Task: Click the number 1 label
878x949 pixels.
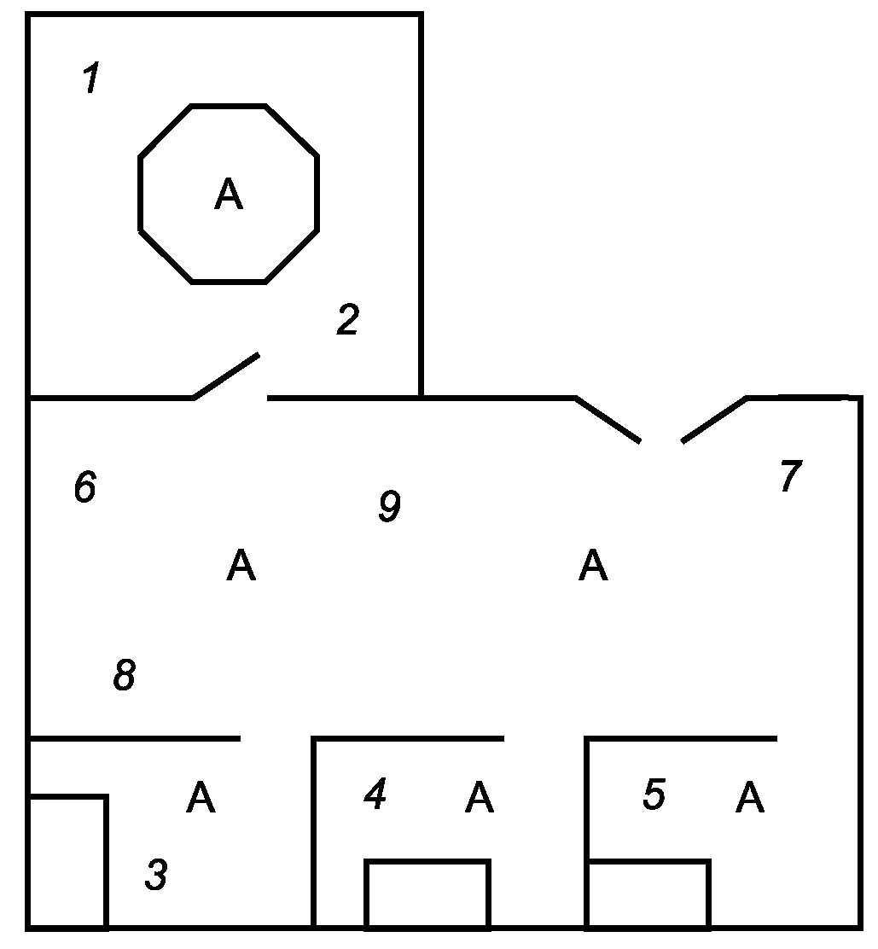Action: coord(91,79)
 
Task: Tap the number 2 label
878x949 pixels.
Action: coord(347,320)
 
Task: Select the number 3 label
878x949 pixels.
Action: coord(156,875)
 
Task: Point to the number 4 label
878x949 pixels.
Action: coord(375,795)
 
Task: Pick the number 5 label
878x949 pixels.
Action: coord(654,795)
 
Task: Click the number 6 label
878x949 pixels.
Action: coord(84,487)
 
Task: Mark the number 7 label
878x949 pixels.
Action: coord(790,476)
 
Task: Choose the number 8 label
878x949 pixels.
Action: coord(125,676)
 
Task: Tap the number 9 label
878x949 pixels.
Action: coord(389,506)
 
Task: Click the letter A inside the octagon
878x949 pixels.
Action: coord(229,195)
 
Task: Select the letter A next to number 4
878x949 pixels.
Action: coord(480,798)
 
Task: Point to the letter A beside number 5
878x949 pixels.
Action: coord(750,798)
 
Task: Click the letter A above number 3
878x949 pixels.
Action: coord(201,798)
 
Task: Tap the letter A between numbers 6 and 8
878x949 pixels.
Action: coord(241,566)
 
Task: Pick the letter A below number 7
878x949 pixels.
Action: coord(593,565)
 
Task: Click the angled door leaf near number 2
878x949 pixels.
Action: coord(226,376)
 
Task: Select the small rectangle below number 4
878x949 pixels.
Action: coord(427,893)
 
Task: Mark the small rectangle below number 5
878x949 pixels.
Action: coord(648,894)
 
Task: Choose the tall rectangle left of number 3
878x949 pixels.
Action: coord(68,860)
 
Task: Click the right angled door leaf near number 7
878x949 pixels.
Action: coord(715,419)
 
